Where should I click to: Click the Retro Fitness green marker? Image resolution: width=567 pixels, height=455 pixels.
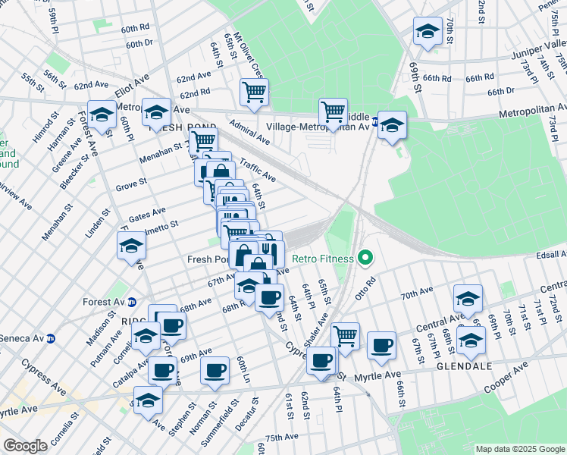tap(365, 259)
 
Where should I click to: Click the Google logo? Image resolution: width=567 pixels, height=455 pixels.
tap(25, 445)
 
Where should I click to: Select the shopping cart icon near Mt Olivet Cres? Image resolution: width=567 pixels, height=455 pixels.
tap(254, 93)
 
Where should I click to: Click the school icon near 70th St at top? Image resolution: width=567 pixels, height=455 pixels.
tap(428, 32)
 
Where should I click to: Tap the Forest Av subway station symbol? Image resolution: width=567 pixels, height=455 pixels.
tap(133, 301)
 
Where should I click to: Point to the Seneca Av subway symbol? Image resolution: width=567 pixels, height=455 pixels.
tap(51, 338)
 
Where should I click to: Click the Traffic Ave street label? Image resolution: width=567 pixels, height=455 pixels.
tap(256, 169)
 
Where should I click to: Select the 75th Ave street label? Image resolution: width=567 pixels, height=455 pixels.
tap(282, 438)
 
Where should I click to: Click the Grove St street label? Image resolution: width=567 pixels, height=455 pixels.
tap(131, 185)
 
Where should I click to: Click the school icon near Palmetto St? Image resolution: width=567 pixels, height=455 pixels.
tap(131, 246)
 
